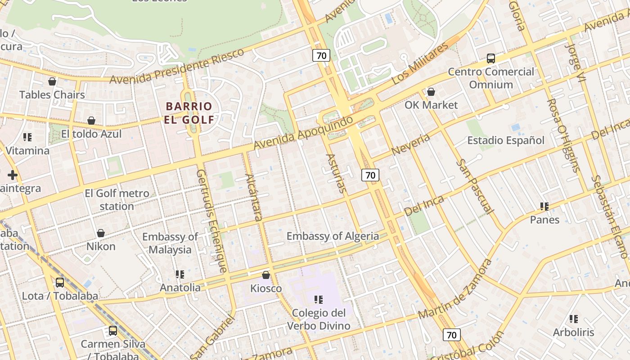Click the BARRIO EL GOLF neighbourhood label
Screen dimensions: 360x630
click(189, 113)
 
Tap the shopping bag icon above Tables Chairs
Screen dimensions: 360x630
click(52, 81)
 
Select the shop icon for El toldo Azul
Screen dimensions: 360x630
click(91, 121)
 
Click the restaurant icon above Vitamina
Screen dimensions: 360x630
click(27, 137)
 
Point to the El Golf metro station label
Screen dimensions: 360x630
click(117, 200)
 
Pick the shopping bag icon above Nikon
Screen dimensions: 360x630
click(101, 233)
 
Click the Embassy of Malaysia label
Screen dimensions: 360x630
click(170, 243)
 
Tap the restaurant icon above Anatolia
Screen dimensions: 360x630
click(180, 274)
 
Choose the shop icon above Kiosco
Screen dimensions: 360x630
click(266, 275)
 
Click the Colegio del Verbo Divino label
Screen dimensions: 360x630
click(319, 319)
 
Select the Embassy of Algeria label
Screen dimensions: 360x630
click(333, 236)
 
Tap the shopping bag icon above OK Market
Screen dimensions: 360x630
click(431, 92)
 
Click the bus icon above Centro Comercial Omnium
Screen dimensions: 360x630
click(491, 58)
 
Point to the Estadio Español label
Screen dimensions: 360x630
click(506, 140)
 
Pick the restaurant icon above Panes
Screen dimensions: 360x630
click(544, 207)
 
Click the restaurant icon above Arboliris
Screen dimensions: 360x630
click(574, 319)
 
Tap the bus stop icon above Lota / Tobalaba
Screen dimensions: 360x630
click(60, 283)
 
